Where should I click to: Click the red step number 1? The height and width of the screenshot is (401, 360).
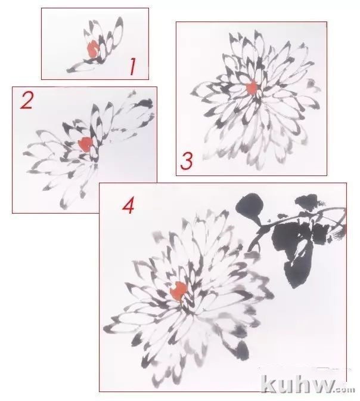coord(132,66)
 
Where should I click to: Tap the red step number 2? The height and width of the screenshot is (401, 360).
coord(27,100)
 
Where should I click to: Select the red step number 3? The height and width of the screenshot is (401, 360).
coord(187,161)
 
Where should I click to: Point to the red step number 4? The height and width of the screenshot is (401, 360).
coord(128,206)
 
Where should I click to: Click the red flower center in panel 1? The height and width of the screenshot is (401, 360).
coord(92,49)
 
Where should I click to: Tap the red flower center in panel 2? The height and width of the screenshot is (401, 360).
coord(85,144)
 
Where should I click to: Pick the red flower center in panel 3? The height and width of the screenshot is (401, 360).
coord(252,87)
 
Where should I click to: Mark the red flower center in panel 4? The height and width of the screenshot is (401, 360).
coord(178,291)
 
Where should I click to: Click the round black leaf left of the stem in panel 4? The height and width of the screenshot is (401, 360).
coord(250,206)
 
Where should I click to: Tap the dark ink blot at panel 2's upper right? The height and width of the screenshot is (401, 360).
coord(145,103)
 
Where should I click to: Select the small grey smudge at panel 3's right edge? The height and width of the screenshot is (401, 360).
coord(311,83)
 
